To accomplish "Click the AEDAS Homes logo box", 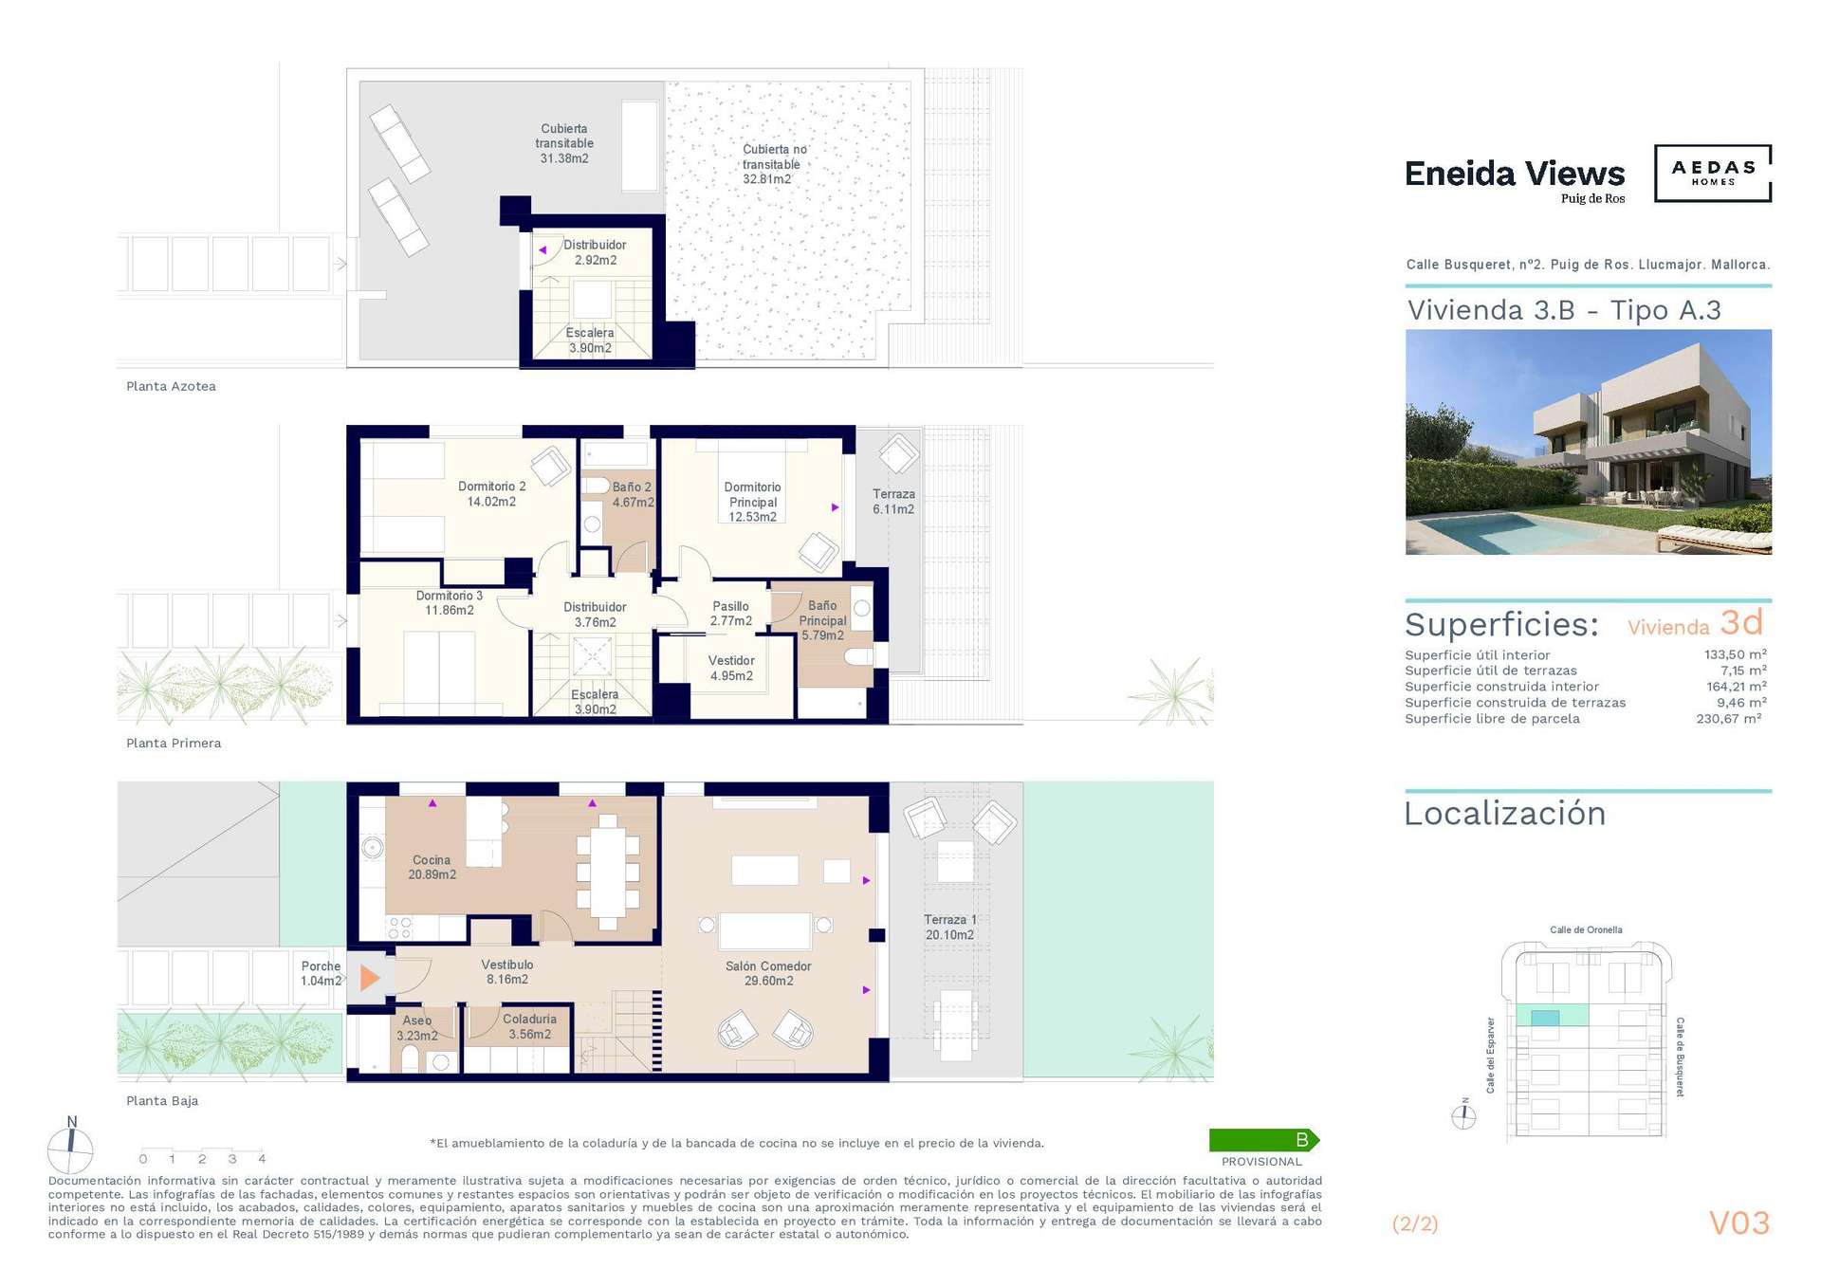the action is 1712,173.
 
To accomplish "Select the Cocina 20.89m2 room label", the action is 432,867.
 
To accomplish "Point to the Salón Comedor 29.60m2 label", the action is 768,973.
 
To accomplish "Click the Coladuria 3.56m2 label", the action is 529,1026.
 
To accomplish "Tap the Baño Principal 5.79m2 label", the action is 822,620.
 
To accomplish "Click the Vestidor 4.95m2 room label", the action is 731,668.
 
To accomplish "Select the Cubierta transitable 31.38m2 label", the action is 564,143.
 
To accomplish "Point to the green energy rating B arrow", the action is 1264,1139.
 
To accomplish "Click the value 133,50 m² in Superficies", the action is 1735,654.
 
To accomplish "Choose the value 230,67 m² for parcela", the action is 1729,718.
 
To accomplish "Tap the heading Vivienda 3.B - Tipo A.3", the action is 1564,310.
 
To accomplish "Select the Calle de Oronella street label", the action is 1586,929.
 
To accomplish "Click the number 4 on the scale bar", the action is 262,1158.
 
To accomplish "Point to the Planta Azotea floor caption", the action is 171,386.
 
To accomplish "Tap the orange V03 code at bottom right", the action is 1739,1223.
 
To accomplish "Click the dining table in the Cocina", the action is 607,873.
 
